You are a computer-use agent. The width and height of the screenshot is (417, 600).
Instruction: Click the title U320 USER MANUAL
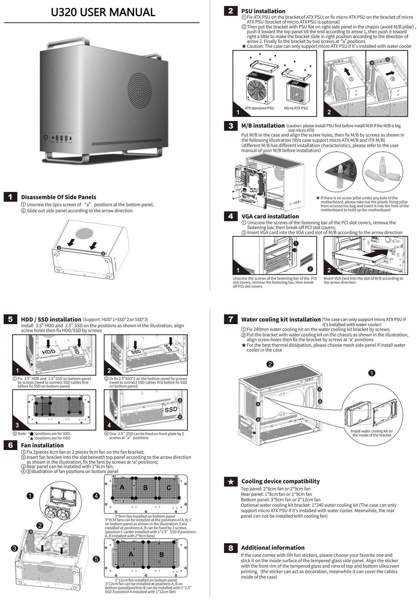103,12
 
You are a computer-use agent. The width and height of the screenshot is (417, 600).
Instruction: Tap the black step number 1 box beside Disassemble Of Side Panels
10,197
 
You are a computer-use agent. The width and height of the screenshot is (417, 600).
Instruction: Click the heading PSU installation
263,11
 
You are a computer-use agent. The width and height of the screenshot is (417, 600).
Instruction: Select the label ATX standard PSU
259,108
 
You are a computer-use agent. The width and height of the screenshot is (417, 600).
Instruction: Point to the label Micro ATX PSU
296,108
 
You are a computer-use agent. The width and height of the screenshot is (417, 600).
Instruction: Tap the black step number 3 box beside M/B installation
231,126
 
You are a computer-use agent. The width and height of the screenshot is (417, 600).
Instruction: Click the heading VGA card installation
270,216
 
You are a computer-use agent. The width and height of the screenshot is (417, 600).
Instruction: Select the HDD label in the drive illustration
49,352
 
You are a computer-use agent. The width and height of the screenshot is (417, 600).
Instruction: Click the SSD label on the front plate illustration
171,409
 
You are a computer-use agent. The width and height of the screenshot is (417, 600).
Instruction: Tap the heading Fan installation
42,445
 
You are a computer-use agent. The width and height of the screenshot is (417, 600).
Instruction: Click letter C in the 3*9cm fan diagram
169,487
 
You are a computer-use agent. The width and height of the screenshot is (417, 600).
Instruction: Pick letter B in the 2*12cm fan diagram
161,554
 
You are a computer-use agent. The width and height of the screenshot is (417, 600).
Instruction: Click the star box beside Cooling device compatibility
231,482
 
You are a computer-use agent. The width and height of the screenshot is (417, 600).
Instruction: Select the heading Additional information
273,548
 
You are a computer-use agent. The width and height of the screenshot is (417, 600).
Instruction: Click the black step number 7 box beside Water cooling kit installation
231,319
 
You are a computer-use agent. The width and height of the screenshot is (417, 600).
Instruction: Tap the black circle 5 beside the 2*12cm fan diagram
96,559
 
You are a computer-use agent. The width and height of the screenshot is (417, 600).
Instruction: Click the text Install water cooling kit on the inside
371,431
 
